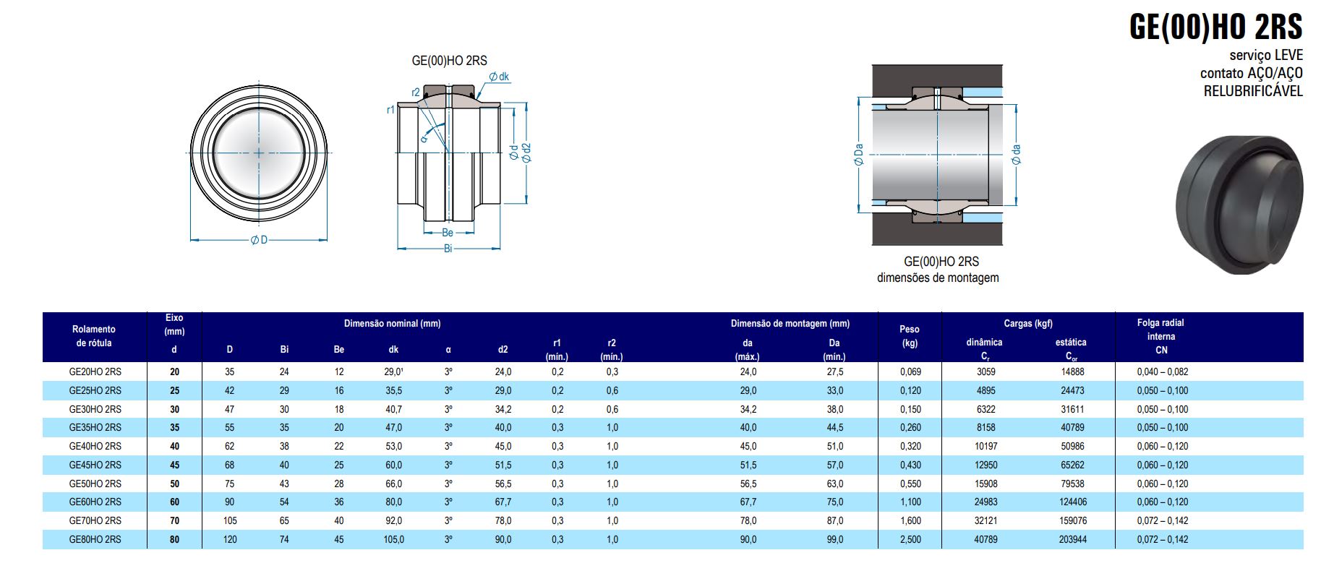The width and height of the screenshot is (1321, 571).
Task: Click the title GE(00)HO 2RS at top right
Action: point(1215,27)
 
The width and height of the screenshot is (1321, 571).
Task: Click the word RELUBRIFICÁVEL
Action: point(1253,92)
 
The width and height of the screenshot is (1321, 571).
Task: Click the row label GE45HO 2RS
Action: point(95,465)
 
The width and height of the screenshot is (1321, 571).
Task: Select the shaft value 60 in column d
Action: point(174,502)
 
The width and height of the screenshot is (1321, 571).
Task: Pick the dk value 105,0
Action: point(393,539)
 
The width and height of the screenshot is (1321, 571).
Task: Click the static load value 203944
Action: point(1072,539)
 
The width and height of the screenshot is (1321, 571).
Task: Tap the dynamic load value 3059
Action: point(986,372)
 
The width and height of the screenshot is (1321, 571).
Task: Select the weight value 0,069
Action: point(910,372)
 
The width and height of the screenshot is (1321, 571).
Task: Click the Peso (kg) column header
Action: point(910,336)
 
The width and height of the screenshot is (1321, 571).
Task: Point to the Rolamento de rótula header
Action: point(95,336)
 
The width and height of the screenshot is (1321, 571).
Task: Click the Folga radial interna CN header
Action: point(1160,336)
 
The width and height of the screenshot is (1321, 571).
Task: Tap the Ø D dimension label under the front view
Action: point(259,240)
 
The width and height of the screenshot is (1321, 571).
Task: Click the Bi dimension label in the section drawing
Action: point(448,248)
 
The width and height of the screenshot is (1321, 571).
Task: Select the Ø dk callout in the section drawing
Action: point(499,77)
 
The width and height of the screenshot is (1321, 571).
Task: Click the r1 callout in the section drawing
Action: point(390,110)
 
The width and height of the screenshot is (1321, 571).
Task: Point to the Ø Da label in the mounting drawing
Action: point(859,154)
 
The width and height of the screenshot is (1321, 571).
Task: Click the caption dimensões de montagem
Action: point(938,278)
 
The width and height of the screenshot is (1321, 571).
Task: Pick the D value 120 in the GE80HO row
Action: point(230,539)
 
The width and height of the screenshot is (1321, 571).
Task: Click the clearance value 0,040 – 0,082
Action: point(1163,372)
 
